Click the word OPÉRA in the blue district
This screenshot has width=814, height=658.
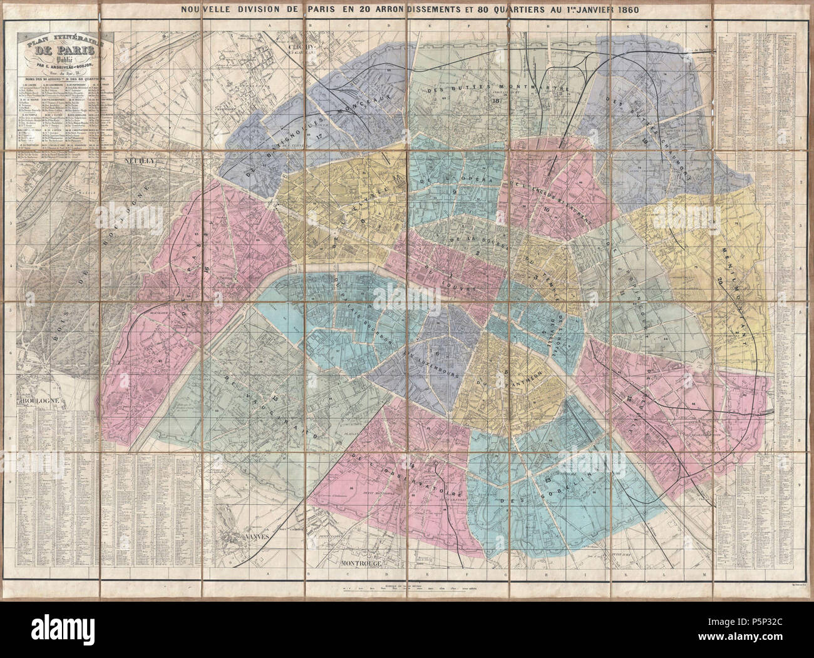(481, 176)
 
